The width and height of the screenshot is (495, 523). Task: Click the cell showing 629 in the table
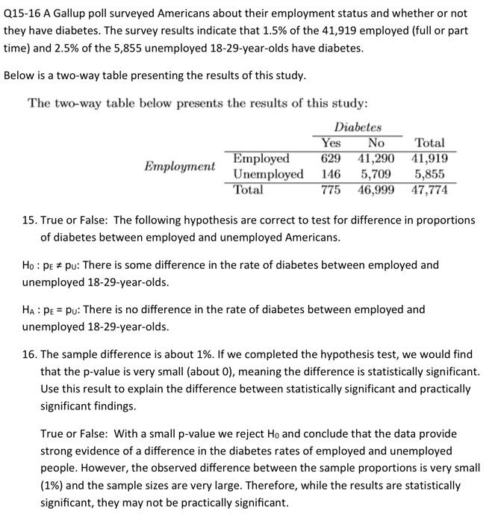point(330,158)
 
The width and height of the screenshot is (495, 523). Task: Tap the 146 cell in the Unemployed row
point(330,174)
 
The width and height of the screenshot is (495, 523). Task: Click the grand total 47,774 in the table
point(429,190)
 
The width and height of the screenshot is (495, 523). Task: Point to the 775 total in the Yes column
point(330,190)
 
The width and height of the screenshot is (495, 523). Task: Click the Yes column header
point(330,143)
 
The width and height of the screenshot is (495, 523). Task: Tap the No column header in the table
point(376,143)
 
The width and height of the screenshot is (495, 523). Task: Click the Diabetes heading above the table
point(358,127)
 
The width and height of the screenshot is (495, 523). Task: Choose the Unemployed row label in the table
point(268,174)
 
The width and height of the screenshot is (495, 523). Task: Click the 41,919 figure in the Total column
point(429,158)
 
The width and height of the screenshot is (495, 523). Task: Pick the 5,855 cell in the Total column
point(432,174)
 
